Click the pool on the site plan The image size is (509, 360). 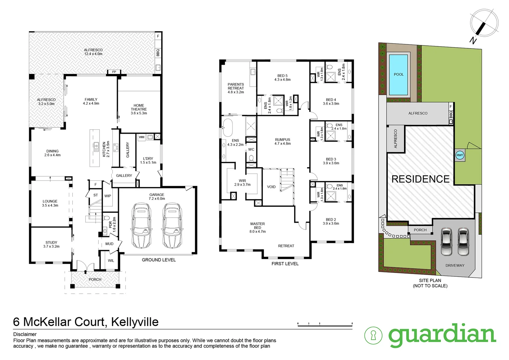[x=398, y=75]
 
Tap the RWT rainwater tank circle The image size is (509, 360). [x=460, y=155]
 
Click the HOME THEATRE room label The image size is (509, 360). [x=139, y=109]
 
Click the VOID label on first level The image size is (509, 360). [x=271, y=187]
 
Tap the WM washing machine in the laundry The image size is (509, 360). [x=142, y=137]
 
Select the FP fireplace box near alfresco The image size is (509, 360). [x=114, y=72]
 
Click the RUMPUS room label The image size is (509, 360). [x=282, y=142]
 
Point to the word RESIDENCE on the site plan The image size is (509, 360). [x=420, y=179]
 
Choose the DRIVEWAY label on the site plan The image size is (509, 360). [x=455, y=265]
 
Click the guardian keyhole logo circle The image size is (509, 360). [x=373, y=335]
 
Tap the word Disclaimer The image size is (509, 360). [x=25, y=334]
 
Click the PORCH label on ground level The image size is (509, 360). [x=95, y=280]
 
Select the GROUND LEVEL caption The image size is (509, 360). [x=159, y=260]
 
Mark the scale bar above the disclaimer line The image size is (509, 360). [x=325, y=324]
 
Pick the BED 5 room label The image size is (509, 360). [x=282, y=78]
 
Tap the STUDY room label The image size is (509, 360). [x=51, y=244]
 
